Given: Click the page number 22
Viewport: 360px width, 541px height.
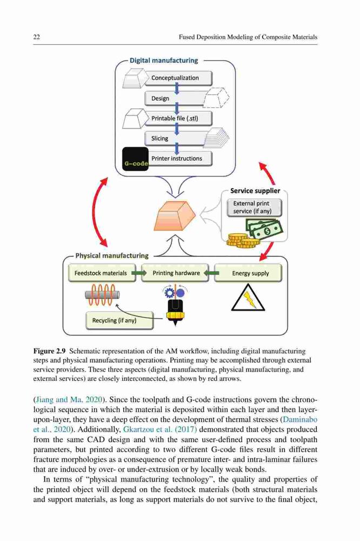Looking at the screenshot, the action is (x=37, y=37).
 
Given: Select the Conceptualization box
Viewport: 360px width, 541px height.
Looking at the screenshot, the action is (x=178, y=78).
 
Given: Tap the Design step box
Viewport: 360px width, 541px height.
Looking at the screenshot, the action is (x=176, y=98).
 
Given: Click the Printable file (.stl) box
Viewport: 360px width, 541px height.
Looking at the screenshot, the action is (x=178, y=118).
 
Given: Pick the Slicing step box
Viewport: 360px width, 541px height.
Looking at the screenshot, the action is (x=176, y=138).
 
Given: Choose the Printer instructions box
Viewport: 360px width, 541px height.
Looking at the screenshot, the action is (x=178, y=159).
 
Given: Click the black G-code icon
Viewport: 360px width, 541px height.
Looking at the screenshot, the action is (x=136, y=159).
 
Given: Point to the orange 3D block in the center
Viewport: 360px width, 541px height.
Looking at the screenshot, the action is (x=175, y=215).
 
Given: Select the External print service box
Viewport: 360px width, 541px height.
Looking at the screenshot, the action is (x=254, y=208).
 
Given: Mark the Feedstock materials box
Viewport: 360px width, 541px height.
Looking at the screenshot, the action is (x=102, y=273).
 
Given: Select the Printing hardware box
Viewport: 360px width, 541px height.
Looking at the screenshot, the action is (x=175, y=273).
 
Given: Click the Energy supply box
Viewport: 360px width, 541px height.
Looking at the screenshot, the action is (x=248, y=273).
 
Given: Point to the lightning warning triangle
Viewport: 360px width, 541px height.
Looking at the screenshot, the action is (x=248, y=298).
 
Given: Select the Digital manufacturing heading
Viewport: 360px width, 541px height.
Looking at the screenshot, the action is (x=164, y=61).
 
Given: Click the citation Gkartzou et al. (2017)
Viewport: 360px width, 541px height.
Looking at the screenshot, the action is (x=160, y=430).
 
